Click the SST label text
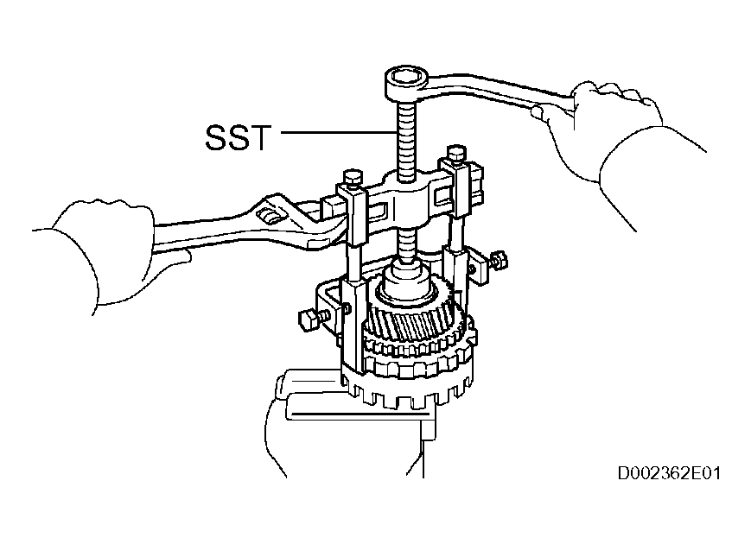tap(238, 138)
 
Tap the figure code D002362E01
tap(669, 474)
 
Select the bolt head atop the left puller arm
tap(353, 178)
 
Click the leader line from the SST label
tap(338, 131)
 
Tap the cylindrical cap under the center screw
tap(407, 280)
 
